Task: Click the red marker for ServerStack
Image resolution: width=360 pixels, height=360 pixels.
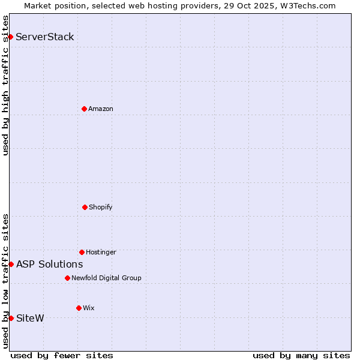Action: (10, 37)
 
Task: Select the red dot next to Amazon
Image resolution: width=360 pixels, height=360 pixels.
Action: (84, 109)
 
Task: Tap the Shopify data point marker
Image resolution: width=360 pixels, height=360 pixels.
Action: (85, 207)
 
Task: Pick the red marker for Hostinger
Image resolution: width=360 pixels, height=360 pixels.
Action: (82, 252)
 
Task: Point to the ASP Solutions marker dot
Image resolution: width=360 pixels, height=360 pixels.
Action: (11, 264)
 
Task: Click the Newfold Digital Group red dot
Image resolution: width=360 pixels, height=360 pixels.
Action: (67, 278)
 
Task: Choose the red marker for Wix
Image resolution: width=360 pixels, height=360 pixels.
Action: (79, 308)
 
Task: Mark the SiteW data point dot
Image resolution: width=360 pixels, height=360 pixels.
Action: (11, 318)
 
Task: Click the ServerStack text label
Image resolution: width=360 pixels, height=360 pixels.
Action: (45, 37)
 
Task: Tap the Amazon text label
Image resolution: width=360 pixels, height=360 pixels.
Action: (101, 109)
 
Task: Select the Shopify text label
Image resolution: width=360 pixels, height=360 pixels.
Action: (101, 207)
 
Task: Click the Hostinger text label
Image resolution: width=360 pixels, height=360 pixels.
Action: (101, 252)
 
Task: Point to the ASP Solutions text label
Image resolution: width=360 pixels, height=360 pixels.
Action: (50, 264)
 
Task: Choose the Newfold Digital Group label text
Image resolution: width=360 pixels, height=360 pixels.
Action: (107, 278)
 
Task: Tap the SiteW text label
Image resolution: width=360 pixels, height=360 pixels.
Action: (30, 318)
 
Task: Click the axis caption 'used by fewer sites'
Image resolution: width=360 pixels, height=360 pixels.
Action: (62, 355)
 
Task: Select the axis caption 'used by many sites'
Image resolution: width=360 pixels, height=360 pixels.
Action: (301, 355)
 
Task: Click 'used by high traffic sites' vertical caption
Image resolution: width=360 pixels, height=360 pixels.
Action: (5, 85)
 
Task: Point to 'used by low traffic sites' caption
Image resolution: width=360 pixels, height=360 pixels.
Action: (5, 281)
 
